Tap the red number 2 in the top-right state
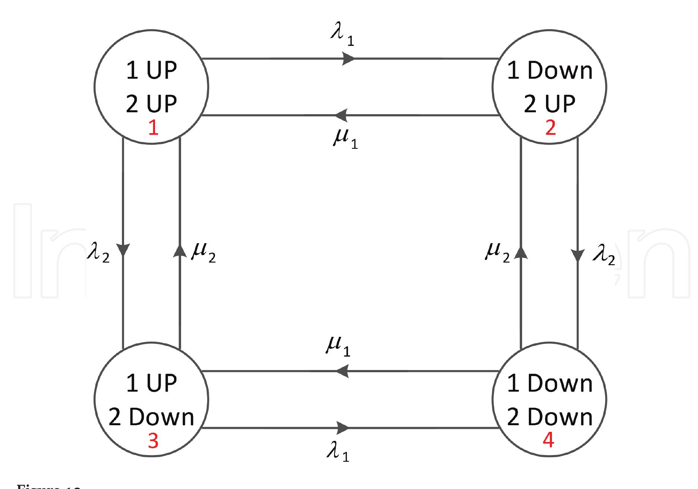click(x=550, y=128)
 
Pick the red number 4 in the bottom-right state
click(x=548, y=441)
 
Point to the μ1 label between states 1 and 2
click(x=345, y=139)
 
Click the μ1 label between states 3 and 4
click(x=338, y=347)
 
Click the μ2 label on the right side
click(x=497, y=253)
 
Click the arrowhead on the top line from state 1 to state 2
click(x=349, y=59)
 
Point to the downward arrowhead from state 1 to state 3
click(x=123, y=250)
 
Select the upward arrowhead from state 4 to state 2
click(x=521, y=253)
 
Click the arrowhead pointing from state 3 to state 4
click(x=343, y=427)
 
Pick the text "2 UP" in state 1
click(x=151, y=104)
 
